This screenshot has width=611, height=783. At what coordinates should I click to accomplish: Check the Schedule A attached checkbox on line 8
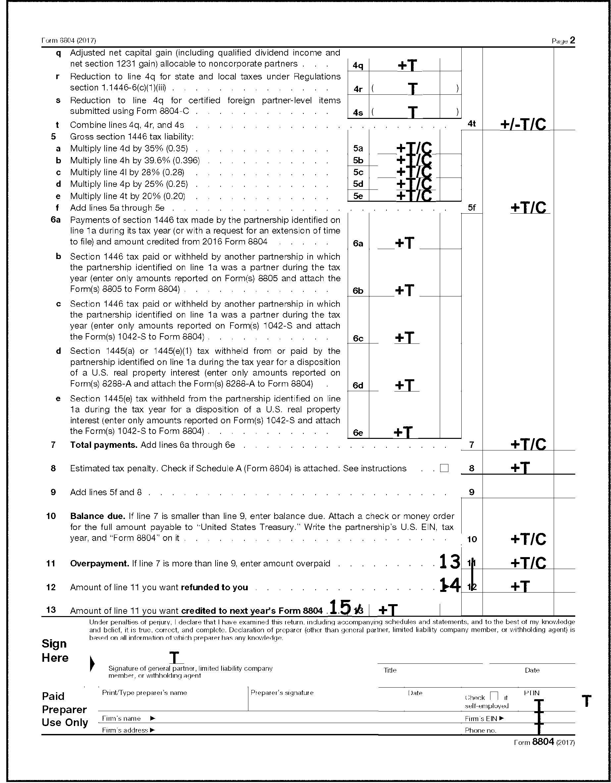click(444, 468)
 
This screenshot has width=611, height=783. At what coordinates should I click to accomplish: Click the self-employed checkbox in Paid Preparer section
click(494, 696)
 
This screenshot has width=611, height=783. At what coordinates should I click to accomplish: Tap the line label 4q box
click(358, 65)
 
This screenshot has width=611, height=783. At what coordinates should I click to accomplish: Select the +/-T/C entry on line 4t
click(523, 124)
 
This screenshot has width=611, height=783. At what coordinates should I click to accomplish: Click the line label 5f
click(472, 208)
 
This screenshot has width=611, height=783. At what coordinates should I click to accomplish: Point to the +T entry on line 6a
click(405, 243)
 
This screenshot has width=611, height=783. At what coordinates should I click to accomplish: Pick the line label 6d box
click(358, 386)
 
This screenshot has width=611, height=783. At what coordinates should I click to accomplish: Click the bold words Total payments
click(104, 445)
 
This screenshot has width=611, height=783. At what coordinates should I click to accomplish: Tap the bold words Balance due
click(97, 516)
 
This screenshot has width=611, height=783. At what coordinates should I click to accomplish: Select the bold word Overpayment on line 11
click(99, 564)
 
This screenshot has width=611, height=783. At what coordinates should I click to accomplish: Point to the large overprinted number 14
click(450, 586)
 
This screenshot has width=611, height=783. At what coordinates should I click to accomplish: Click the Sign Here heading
click(55, 651)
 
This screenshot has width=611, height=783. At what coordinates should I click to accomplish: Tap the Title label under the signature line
click(390, 670)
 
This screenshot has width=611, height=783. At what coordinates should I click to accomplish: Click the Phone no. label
click(480, 730)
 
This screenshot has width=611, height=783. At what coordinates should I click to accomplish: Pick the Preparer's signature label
click(282, 693)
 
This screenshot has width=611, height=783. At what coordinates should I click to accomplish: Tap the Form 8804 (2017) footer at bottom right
click(544, 742)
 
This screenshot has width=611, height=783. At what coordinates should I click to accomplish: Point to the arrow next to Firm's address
click(152, 730)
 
